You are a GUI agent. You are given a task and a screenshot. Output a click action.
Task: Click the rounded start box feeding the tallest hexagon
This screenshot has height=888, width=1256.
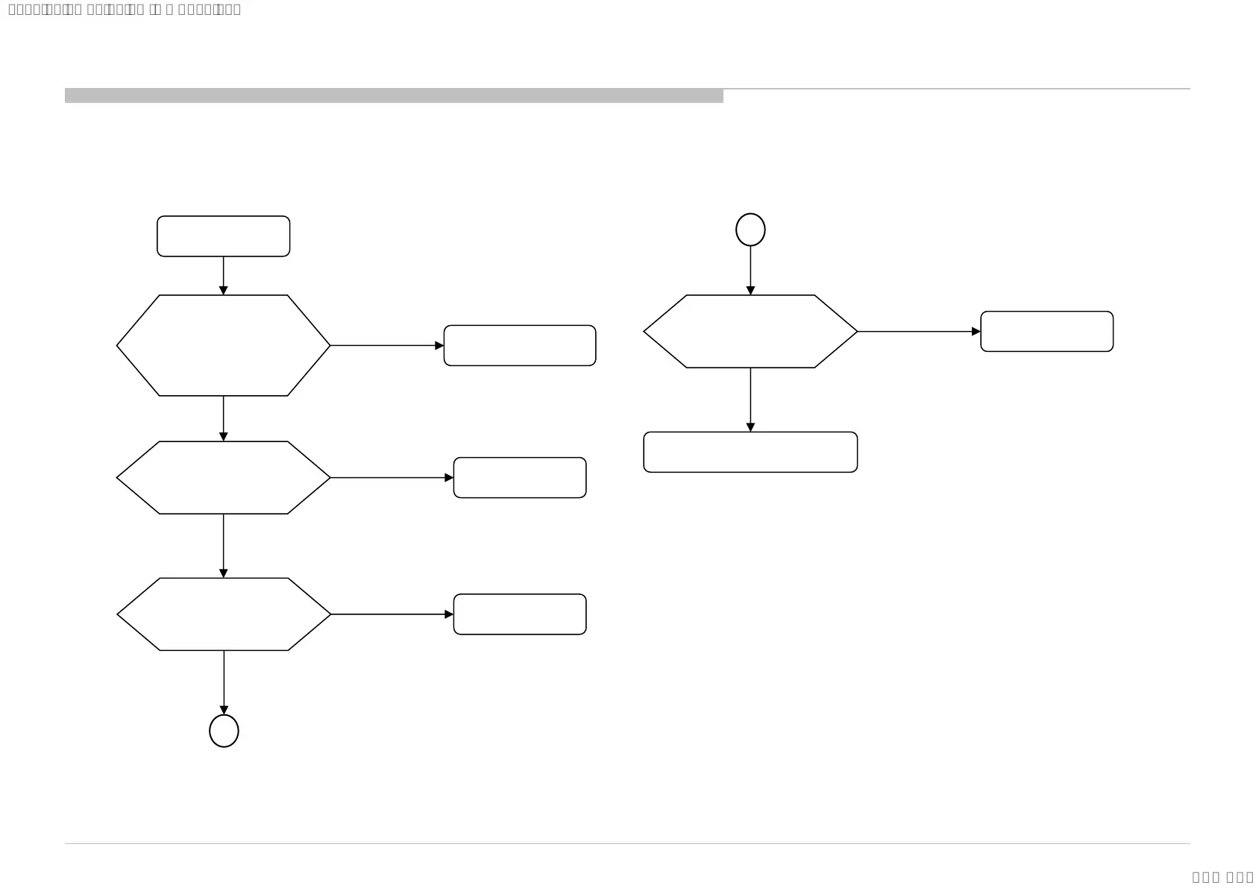(x=223, y=236)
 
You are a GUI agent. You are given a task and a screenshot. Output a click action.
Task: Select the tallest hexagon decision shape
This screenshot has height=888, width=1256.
(x=223, y=345)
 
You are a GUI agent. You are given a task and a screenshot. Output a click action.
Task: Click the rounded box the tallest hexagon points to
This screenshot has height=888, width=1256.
(x=519, y=345)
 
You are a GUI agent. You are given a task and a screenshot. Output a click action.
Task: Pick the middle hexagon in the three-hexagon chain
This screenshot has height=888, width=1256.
(x=223, y=477)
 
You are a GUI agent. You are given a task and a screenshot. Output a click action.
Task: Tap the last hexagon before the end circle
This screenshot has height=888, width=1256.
(x=223, y=614)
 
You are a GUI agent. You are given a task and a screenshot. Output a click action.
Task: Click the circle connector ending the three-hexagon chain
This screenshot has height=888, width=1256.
(x=224, y=731)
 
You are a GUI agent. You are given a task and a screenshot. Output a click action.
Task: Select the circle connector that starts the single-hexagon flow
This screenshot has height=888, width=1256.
(x=750, y=230)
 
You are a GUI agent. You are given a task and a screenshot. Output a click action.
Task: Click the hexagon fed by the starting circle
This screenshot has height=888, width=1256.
(x=750, y=331)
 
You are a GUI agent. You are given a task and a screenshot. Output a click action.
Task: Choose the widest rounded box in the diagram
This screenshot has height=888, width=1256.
(x=750, y=452)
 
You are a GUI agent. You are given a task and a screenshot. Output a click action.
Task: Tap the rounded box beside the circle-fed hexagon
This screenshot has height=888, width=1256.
(x=1046, y=331)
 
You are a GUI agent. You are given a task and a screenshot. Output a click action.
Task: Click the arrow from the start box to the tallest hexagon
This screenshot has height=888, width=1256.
(x=223, y=275)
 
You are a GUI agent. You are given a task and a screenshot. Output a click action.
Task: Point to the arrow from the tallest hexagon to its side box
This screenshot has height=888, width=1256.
(x=386, y=345)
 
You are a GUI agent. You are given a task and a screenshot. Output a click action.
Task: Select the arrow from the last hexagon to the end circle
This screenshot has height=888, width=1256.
(x=224, y=682)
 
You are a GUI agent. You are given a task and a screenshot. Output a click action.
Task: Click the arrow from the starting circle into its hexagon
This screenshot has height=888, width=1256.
(x=750, y=270)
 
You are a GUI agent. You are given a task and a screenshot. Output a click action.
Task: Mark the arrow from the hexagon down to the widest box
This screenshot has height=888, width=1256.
(x=750, y=400)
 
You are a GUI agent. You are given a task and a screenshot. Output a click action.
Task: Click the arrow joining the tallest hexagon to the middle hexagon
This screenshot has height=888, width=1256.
(x=223, y=418)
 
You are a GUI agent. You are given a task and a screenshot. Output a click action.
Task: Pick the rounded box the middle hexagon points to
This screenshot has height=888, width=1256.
(x=519, y=477)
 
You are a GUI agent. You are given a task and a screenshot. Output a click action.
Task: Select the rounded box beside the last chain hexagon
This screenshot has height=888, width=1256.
(x=519, y=614)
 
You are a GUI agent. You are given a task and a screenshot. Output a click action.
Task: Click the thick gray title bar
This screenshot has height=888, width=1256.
(x=394, y=95)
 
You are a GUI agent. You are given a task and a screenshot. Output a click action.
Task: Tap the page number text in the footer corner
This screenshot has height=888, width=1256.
(x=1222, y=877)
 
